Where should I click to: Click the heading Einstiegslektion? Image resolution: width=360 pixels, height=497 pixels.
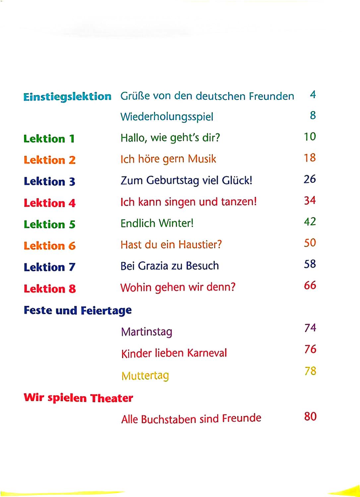[x=67, y=97]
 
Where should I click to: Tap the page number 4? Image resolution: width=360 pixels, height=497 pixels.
[x=313, y=95]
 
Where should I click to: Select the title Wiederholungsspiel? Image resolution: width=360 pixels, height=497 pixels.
[x=167, y=117]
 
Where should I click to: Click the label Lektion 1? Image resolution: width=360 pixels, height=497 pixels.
[x=49, y=139]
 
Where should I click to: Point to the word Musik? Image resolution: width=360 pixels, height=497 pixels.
[x=202, y=159]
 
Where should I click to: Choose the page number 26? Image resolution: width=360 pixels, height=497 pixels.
[x=310, y=179]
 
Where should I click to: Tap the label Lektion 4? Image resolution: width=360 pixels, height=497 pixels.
[x=50, y=203]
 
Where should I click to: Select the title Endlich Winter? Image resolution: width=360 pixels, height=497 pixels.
[x=157, y=223]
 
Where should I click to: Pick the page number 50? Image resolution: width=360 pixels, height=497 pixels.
[x=310, y=243]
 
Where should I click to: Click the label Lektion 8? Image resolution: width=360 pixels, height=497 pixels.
[x=50, y=289]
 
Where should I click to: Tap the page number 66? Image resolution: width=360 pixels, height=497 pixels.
[x=310, y=285]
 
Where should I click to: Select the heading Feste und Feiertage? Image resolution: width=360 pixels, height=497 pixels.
[x=78, y=311]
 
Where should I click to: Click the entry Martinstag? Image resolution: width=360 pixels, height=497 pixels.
[x=147, y=332]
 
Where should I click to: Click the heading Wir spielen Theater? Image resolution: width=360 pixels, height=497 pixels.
[x=78, y=398]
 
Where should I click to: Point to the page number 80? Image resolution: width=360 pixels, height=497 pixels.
[x=310, y=416]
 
